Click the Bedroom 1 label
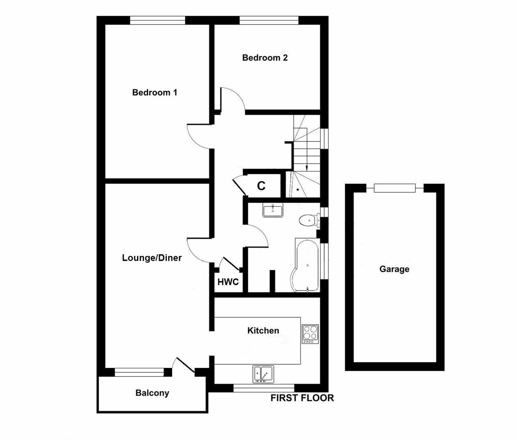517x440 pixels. [x=155, y=92]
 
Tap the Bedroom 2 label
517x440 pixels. [x=265, y=57]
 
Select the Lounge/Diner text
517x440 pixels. [x=152, y=257]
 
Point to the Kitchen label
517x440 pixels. [x=263, y=330]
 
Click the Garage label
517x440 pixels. [x=395, y=269]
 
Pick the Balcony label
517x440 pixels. [x=152, y=393]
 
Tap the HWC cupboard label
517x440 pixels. [x=228, y=282]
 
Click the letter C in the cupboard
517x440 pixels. [x=261, y=186]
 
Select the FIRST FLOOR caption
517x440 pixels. [x=302, y=398]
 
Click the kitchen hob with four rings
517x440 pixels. [x=310, y=334]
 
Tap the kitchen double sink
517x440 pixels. [x=263, y=374]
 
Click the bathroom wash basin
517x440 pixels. [x=273, y=210]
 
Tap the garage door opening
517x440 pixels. [x=395, y=188]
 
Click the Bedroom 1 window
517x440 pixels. [x=157, y=20]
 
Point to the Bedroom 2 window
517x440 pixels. [x=269, y=20]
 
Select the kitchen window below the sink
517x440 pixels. [x=264, y=388]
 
